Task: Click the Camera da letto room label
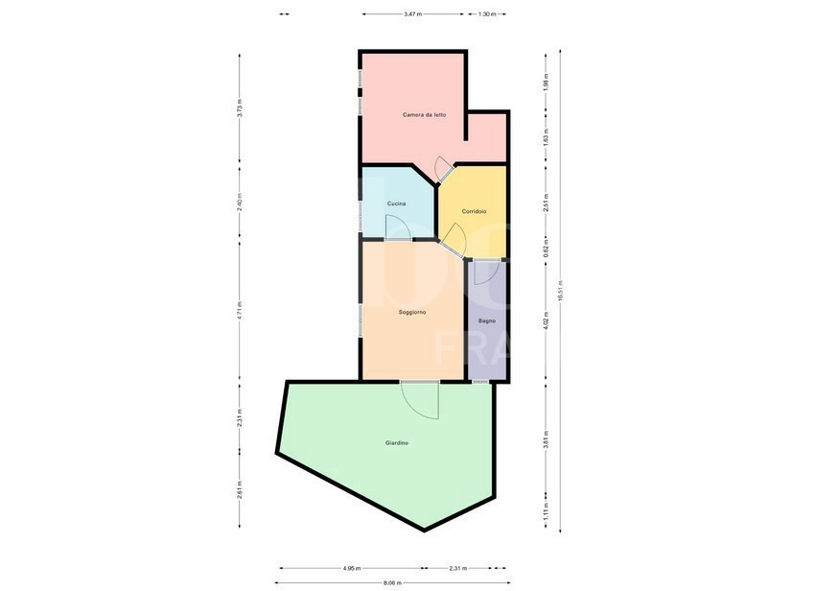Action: coord(424,115)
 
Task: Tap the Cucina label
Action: coord(396,203)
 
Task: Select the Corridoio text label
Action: coord(474,211)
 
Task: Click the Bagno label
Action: coord(487,320)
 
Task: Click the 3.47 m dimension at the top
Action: coord(412,14)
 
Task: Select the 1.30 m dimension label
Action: coord(486,14)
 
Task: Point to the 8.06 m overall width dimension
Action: coord(392,582)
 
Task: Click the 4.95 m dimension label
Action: coord(351,568)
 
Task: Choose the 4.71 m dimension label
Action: coord(240,309)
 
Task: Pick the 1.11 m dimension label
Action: coord(545,511)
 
